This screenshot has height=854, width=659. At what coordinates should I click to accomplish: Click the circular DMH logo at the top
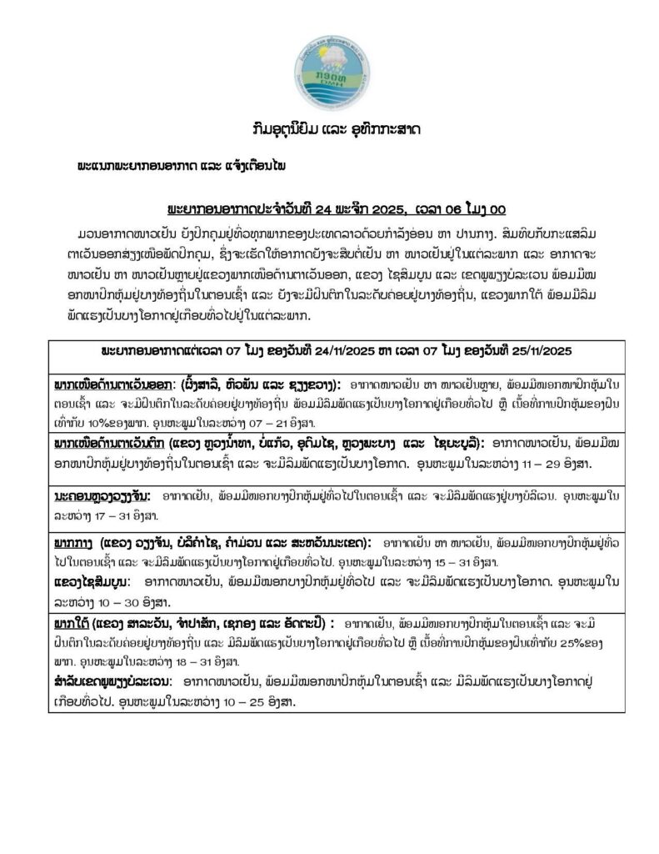coord(330,67)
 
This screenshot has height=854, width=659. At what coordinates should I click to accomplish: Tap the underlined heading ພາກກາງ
coord(72,540)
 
